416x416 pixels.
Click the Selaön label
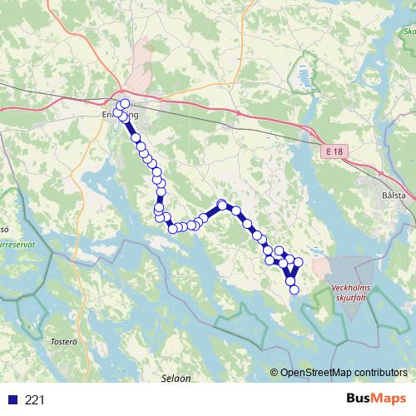(x=176, y=378)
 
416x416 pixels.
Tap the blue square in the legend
(x=12, y=400)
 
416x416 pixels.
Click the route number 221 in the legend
(x=36, y=400)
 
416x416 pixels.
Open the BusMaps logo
(x=375, y=399)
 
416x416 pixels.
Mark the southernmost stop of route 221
(x=293, y=290)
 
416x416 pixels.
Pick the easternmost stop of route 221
(x=299, y=263)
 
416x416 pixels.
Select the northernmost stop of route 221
(x=126, y=104)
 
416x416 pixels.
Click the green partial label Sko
(x=409, y=34)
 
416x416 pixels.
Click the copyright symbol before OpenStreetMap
(x=274, y=372)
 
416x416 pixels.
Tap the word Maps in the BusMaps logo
(x=390, y=399)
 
